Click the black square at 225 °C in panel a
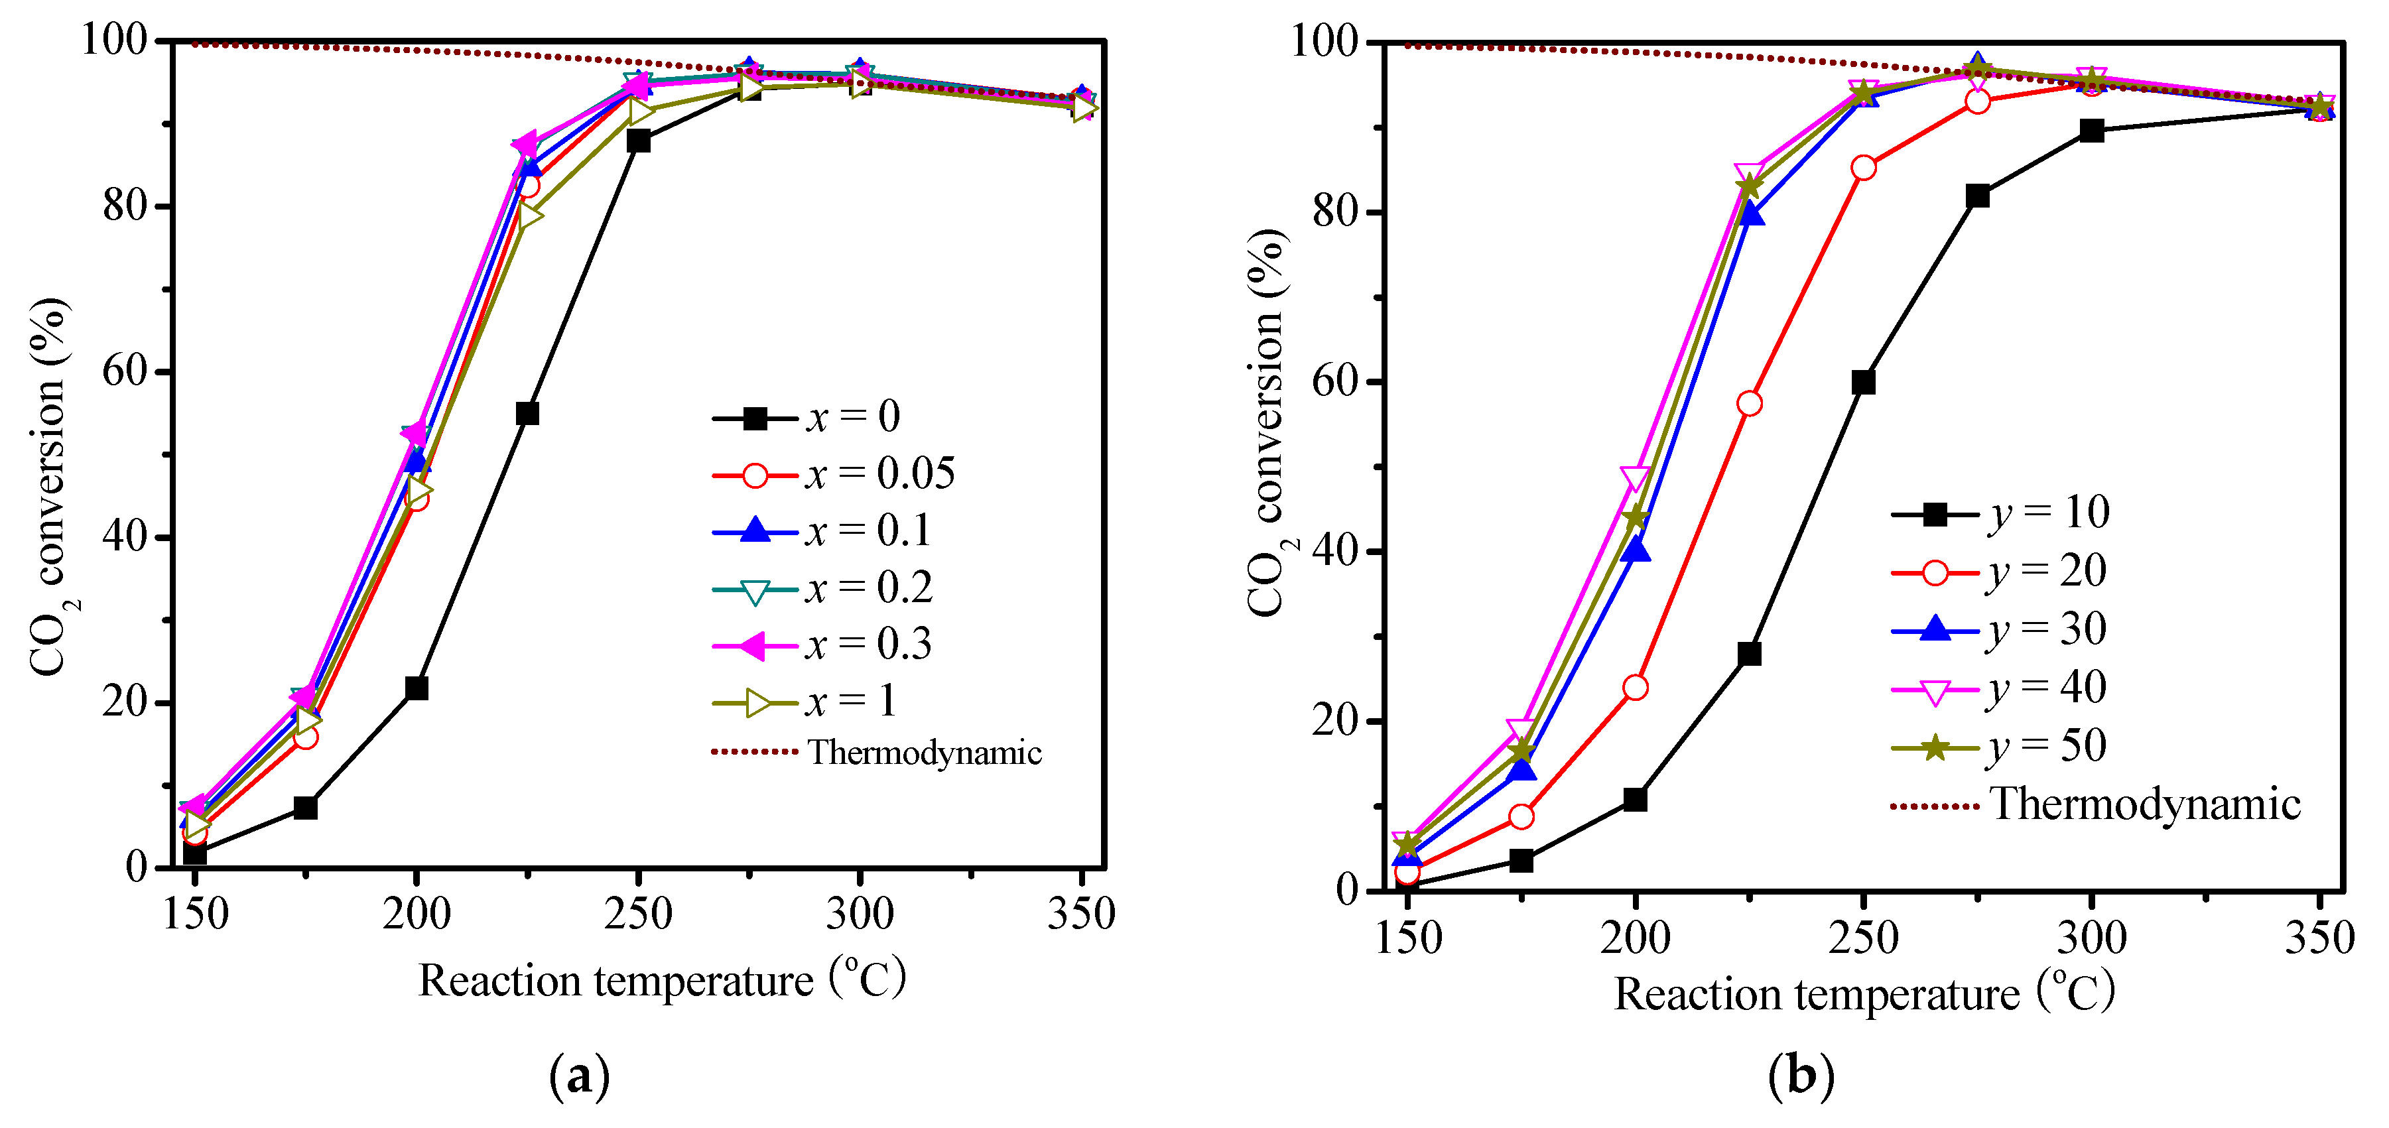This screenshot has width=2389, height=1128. pyautogui.click(x=527, y=414)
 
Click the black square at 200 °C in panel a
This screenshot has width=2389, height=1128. pyautogui.click(x=417, y=688)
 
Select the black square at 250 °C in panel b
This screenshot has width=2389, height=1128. pyautogui.click(x=1863, y=382)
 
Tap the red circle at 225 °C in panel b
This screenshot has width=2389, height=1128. pyautogui.click(x=1749, y=403)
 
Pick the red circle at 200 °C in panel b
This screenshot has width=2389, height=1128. pyautogui.click(x=1635, y=688)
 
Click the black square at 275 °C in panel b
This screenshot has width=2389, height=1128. pyautogui.click(x=1977, y=196)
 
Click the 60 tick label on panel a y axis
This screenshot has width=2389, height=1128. pyautogui.click(x=125, y=371)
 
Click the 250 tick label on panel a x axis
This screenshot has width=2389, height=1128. pyautogui.click(x=638, y=914)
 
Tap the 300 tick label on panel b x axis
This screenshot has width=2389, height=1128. pyautogui.click(x=2091, y=938)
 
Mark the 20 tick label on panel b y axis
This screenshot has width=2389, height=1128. pyautogui.click(x=1336, y=721)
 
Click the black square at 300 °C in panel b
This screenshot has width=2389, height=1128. pyautogui.click(x=2091, y=130)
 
